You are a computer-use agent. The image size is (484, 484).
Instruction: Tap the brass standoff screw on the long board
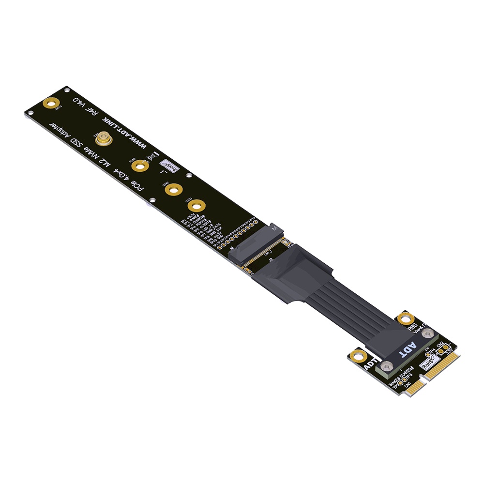[103, 140]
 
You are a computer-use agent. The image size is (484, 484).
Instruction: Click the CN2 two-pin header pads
[441, 351]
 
